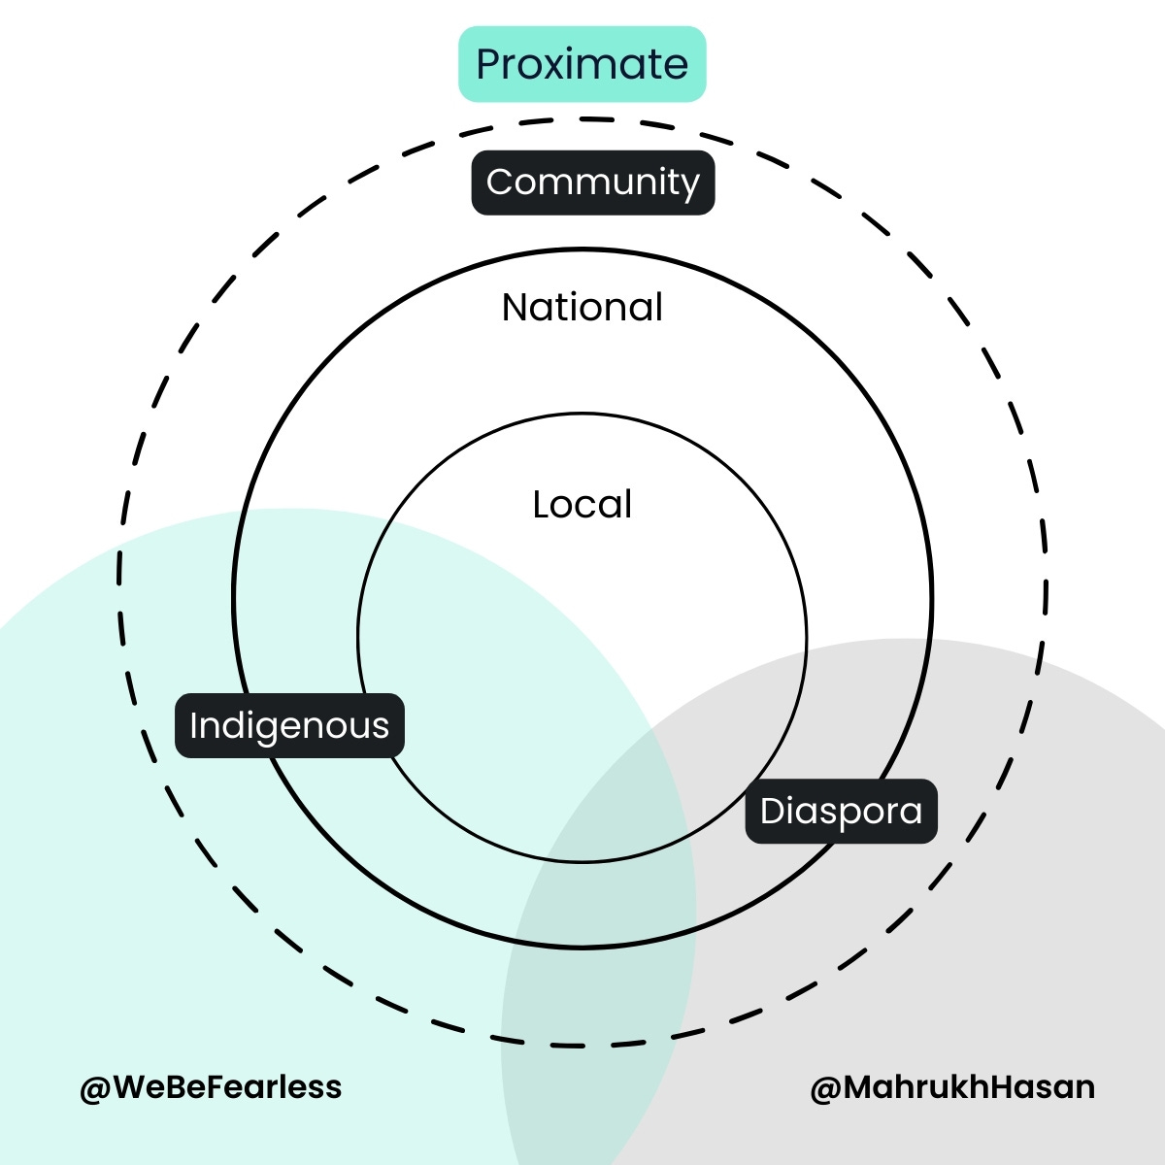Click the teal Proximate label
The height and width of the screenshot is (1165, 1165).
(x=582, y=64)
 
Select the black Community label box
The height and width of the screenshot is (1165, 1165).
(x=593, y=183)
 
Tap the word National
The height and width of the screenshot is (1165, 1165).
(x=582, y=308)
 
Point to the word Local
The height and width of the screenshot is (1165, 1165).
(x=582, y=505)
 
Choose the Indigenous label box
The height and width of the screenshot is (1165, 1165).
(x=289, y=725)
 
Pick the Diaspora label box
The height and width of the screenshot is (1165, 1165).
(x=841, y=811)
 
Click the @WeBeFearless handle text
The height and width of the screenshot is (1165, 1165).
(x=211, y=1086)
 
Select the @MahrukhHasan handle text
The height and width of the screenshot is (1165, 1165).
(x=952, y=1086)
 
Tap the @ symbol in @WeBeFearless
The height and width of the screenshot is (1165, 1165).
(x=95, y=1087)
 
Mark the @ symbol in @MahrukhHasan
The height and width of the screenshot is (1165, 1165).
(x=825, y=1087)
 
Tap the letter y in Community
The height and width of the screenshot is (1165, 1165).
(x=688, y=186)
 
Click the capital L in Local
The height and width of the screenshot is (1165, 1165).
(x=541, y=505)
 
